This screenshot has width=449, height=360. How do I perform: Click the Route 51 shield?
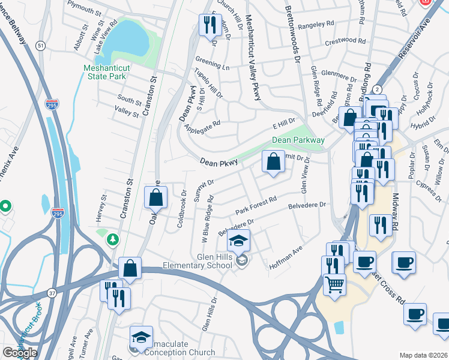(40, 46)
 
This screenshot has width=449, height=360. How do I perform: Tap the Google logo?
(19, 353)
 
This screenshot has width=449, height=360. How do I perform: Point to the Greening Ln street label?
(212, 63)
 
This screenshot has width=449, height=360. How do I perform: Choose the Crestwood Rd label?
(345, 43)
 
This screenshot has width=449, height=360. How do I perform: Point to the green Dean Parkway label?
(298, 140)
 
